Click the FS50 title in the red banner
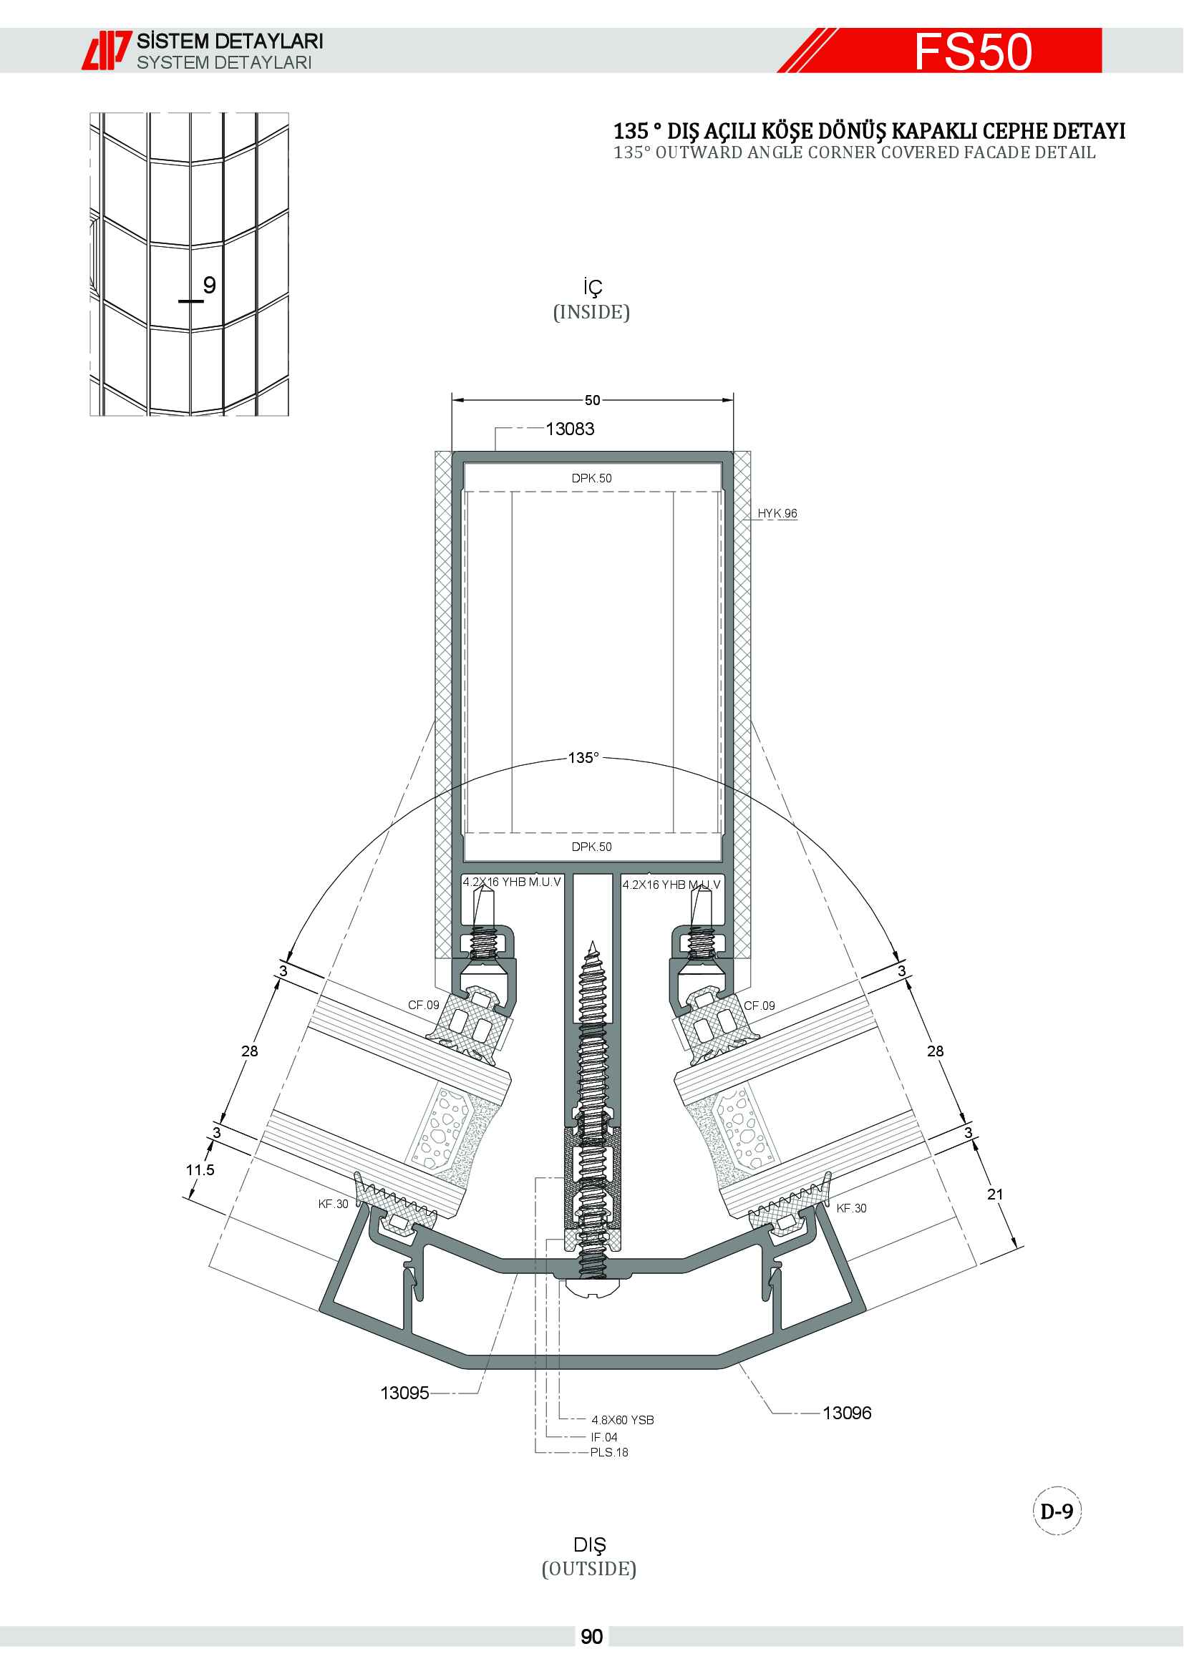pos(974,51)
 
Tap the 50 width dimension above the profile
pos(592,400)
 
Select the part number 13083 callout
pos(570,429)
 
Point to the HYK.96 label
pos(777,513)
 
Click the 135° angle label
pos(583,757)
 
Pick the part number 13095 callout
pos(404,1393)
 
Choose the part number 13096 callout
pos(847,1413)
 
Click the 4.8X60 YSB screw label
pos(623,1420)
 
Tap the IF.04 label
pos(604,1437)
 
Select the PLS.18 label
pos(609,1452)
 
